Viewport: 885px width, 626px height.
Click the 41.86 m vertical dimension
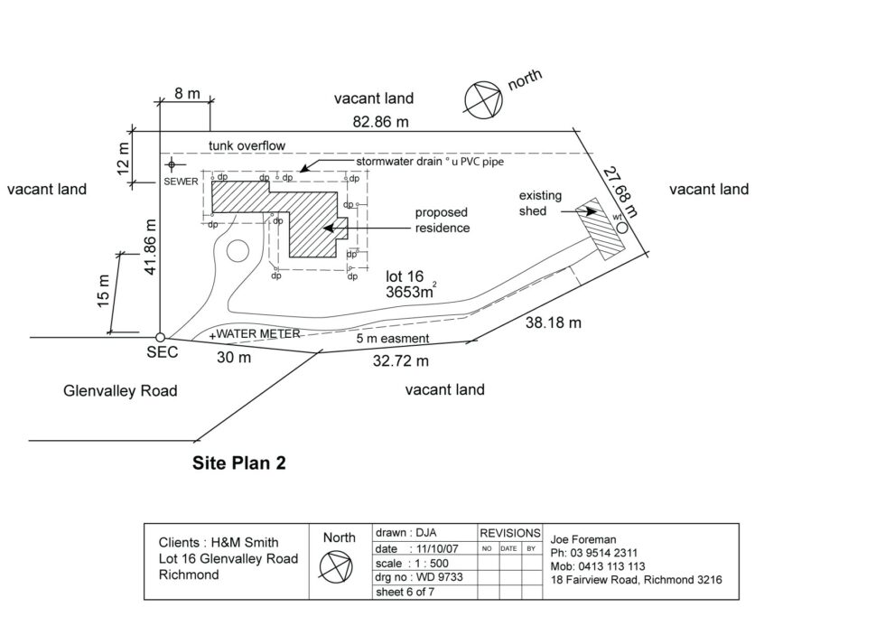coord(152,247)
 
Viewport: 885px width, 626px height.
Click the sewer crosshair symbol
coord(172,164)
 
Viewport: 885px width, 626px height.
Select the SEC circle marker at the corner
coord(160,337)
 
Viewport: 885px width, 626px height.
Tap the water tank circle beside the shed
coord(622,228)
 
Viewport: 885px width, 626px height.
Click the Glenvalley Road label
coord(120,391)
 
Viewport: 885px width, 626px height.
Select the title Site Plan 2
coord(239,463)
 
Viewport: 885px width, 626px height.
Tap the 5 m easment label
coord(393,339)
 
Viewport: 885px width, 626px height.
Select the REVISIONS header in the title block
coord(509,533)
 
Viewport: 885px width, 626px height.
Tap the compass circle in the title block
coord(339,565)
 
